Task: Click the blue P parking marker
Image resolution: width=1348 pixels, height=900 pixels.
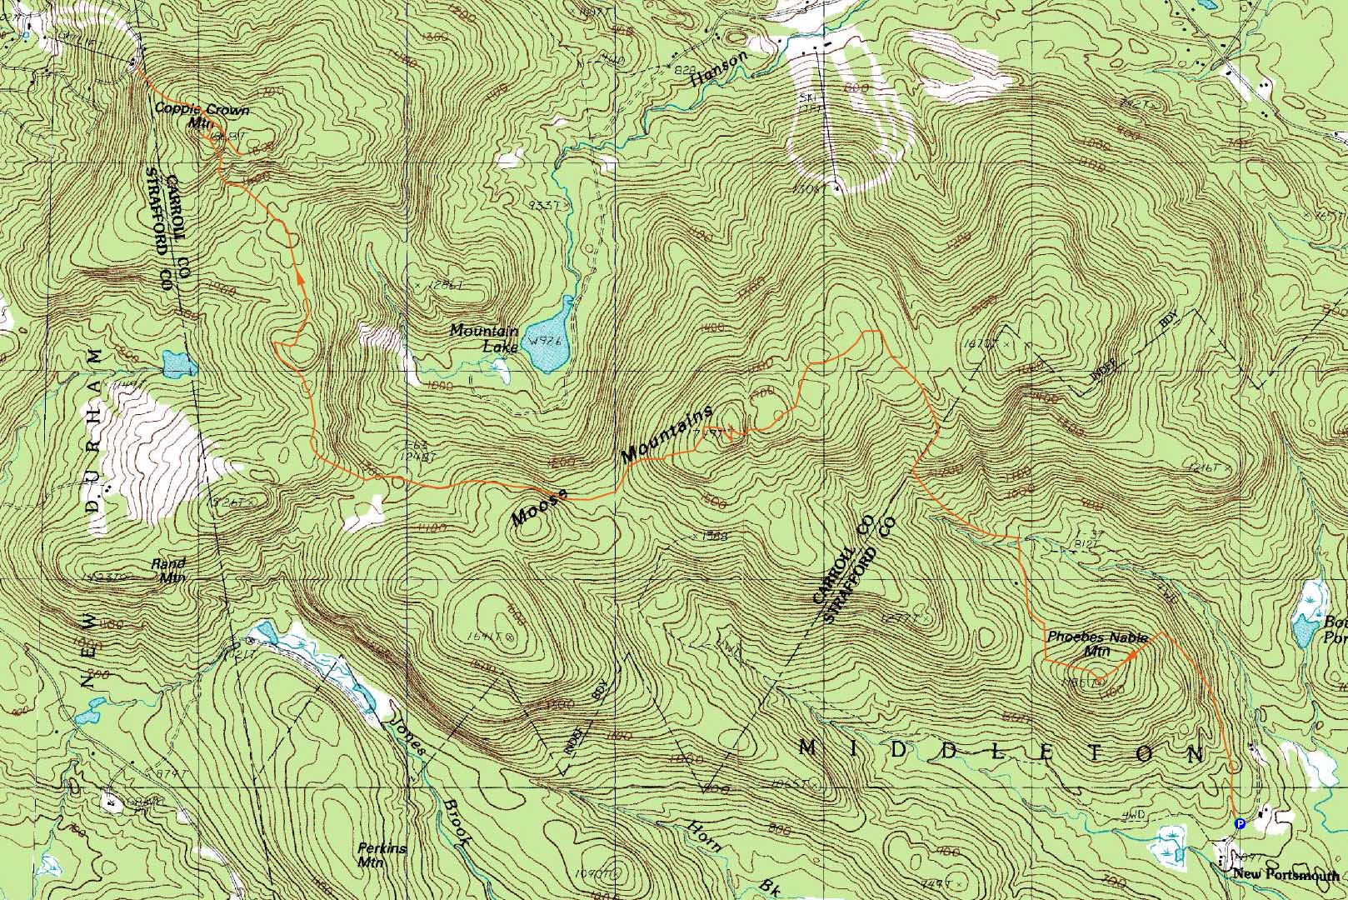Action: [x=1239, y=823]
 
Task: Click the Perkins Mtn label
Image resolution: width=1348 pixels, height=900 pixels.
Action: [x=382, y=855]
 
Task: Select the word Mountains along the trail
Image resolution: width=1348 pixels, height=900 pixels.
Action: [x=667, y=434]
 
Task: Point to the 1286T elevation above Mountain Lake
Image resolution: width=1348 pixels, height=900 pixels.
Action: [x=444, y=284]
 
